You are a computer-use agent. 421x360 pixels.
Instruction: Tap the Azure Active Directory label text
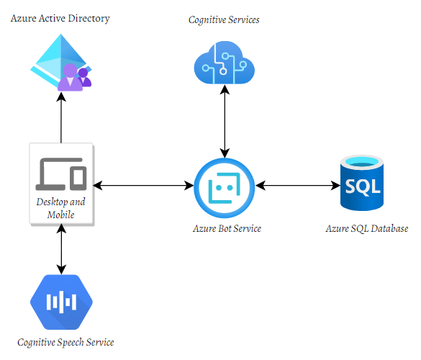click(x=60, y=18)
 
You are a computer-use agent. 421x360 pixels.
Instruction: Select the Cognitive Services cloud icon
click(x=225, y=63)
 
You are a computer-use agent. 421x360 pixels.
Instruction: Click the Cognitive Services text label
click(x=224, y=20)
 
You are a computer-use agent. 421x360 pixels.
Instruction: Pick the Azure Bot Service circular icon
click(x=225, y=186)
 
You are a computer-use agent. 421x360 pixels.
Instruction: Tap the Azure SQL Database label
click(x=366, y=229)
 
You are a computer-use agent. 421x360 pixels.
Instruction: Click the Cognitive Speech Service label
click(x=65, y=343)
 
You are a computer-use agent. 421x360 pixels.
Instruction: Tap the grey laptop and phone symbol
click(x=61, y=173)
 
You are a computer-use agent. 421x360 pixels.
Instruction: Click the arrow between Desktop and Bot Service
click(x=144, y=186)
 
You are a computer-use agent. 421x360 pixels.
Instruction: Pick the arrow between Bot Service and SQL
click(x=297, y=186)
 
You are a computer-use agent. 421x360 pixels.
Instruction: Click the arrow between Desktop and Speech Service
click(x=61, y=248)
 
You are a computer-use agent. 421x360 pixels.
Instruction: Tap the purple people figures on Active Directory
click(x=76, y=78)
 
